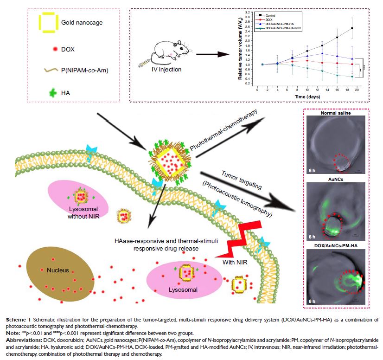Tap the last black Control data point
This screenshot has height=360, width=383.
click(353, 28)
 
